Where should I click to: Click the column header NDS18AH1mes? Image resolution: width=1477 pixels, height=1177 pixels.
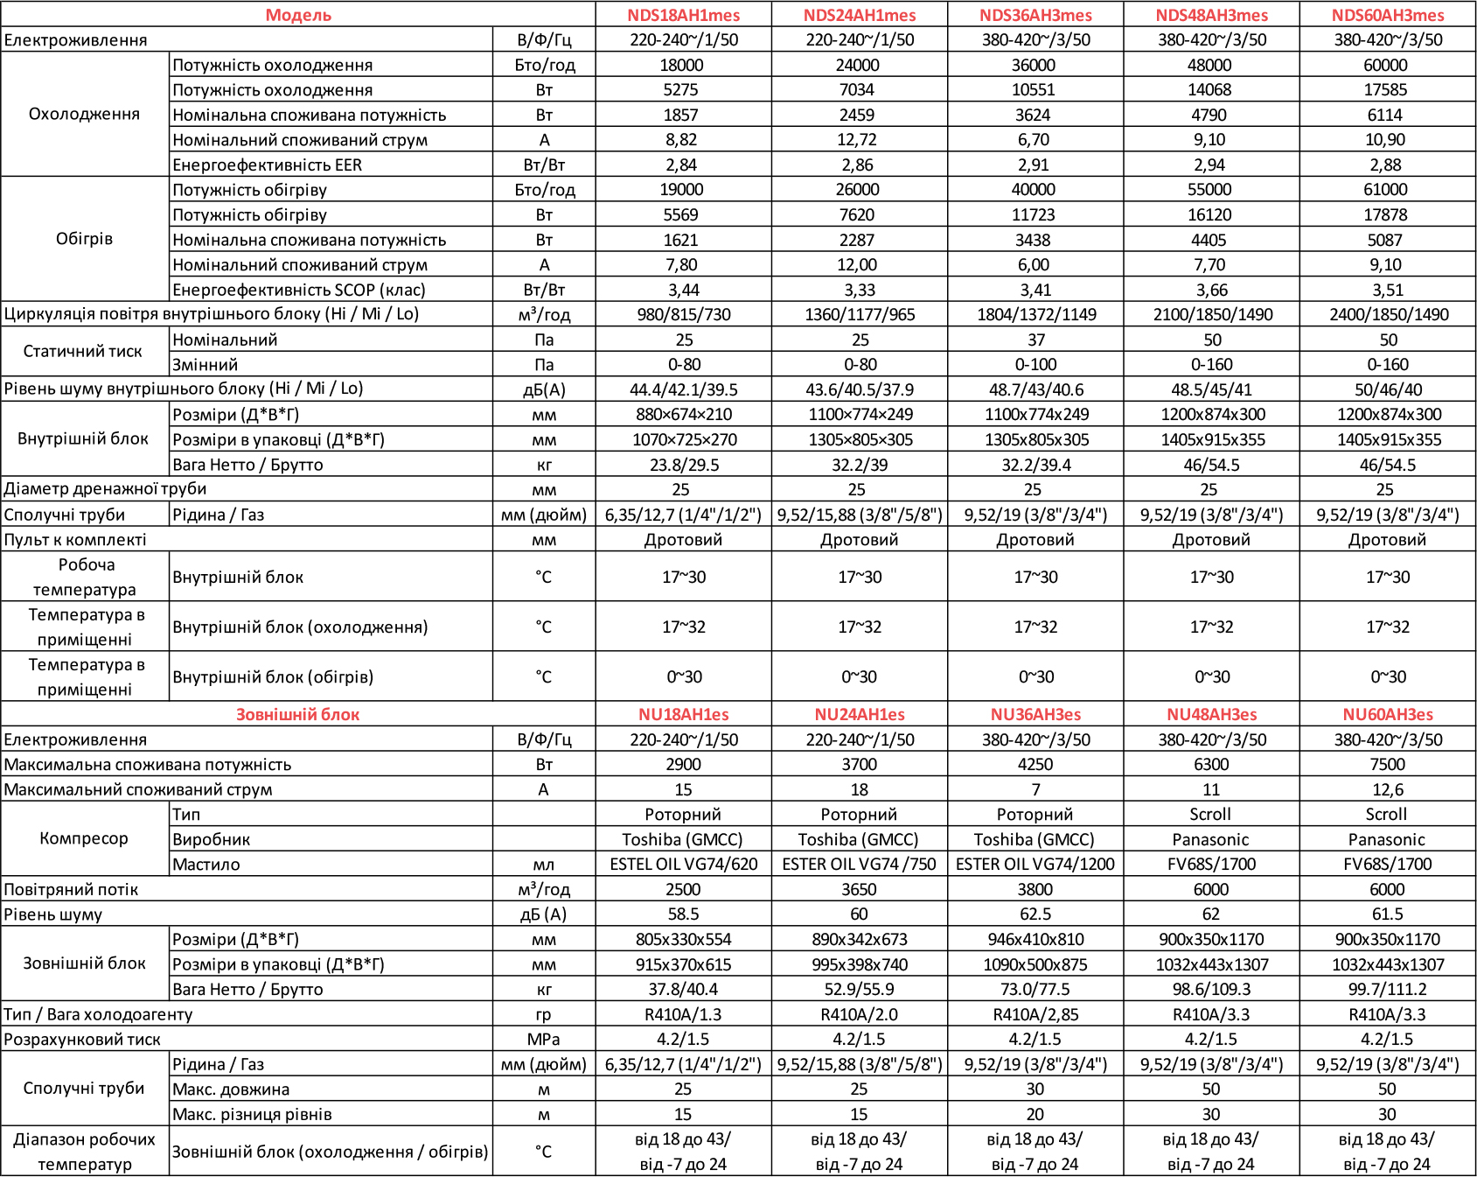coord(683,15)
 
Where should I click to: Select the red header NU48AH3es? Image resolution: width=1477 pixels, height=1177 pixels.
coord(1211,714)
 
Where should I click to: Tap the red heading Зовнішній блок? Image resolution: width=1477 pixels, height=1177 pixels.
coord(297,714)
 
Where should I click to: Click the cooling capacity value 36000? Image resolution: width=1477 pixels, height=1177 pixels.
coord(1034,65)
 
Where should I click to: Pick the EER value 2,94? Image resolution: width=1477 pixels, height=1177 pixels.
coord(1209,165)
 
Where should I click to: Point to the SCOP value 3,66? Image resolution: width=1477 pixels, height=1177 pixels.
coord(1211,290)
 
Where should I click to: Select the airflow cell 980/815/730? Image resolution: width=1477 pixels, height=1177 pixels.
coord(683,314)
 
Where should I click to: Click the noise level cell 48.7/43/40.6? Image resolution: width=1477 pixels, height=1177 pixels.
coord(1035,389)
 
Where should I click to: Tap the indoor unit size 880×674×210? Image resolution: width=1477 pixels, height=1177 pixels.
coord(684,414)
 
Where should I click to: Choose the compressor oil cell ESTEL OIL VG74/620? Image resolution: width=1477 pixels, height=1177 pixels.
coord(683,864)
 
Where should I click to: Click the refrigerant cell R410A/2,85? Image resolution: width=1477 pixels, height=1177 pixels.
coord(1035,1014)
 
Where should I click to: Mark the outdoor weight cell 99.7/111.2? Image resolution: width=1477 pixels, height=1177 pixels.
coord(1387,989)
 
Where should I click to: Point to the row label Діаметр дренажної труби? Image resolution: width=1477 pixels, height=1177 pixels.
coord(105,489)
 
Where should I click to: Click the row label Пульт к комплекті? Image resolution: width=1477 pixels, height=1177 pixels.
coord(75,539)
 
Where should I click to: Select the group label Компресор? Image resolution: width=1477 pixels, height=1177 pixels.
coord(84,838)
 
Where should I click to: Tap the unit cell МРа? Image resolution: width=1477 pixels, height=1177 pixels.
coord(543,1039)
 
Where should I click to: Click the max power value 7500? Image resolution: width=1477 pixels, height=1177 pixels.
coord(1387,764)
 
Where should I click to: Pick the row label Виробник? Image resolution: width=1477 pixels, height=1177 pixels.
coord(211,839)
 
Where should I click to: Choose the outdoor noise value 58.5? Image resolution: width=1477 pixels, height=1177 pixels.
coord(683,914)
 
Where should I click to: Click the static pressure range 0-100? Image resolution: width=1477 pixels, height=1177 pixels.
coord(1035,364)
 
